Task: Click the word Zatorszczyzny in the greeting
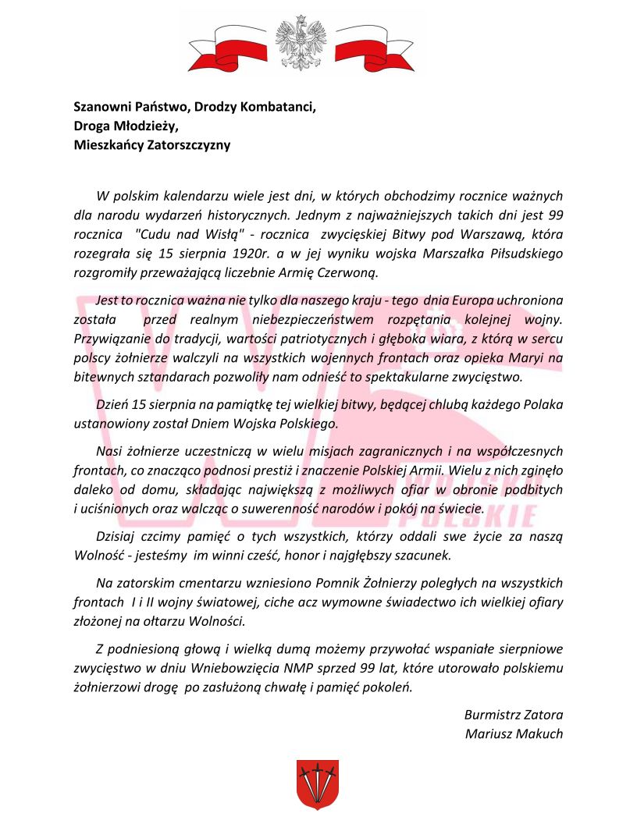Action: (188, 144)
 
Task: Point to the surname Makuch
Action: (537, 733)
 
